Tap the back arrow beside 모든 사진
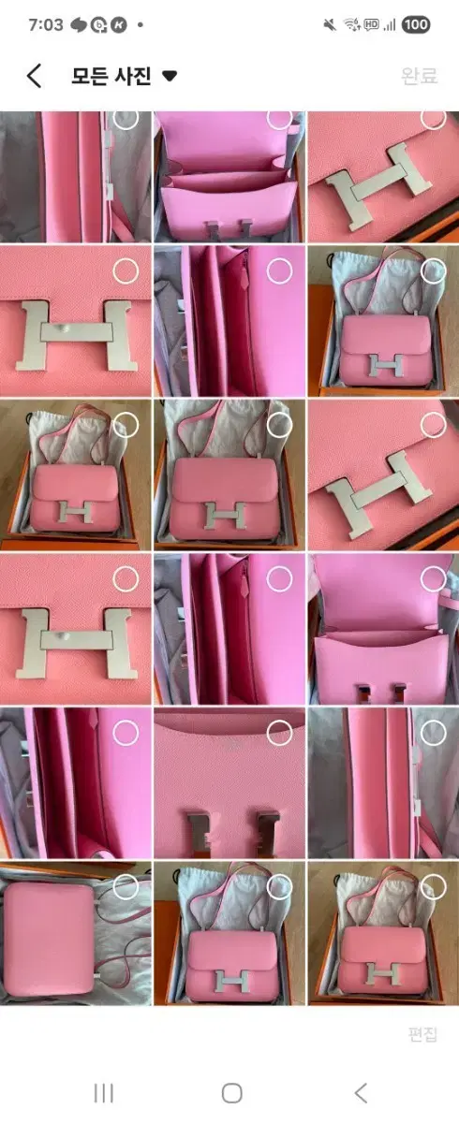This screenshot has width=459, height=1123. tap(34, 76)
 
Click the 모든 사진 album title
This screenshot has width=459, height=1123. tap(111, 76)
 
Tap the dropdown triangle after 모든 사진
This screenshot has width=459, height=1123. tap(170, 76)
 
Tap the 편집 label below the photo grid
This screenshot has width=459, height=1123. tap(422, 1034)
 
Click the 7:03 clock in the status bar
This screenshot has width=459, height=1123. tap(46, 24)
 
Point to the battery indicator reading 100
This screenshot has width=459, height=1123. tap(416, 24)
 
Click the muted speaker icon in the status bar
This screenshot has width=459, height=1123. tap(330, 24)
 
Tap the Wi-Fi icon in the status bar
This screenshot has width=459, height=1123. tap(352, 24)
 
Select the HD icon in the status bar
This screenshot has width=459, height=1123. tap(372, 24)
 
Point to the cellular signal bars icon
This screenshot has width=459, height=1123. tap(390, 24)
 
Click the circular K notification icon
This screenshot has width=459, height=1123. tap(119, 24)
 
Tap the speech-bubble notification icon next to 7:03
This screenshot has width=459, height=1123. tap(79, 24)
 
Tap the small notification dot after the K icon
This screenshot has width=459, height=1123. tap(141, 24)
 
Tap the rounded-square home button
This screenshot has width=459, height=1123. tap(231, 1093)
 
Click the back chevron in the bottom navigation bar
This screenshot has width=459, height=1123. tap(361, 1093)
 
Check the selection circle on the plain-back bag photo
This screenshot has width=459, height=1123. tap(126, 887)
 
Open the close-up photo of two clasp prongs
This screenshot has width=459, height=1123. tap(229, 782)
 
